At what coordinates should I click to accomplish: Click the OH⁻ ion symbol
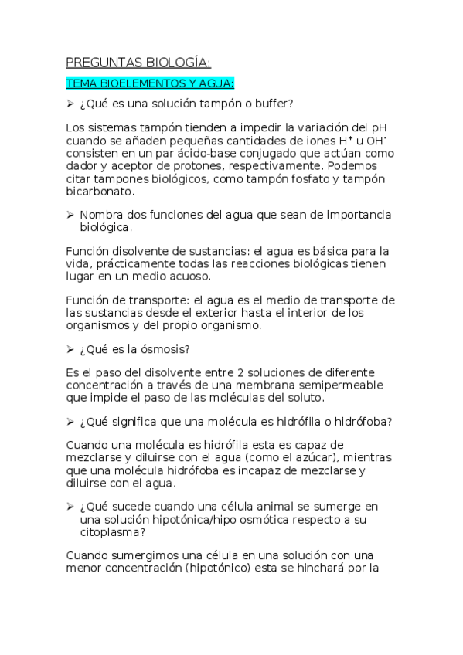pos(376,141)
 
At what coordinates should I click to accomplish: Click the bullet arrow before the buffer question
pos(69,104)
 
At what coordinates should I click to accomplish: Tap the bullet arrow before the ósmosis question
pos(69,349)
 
